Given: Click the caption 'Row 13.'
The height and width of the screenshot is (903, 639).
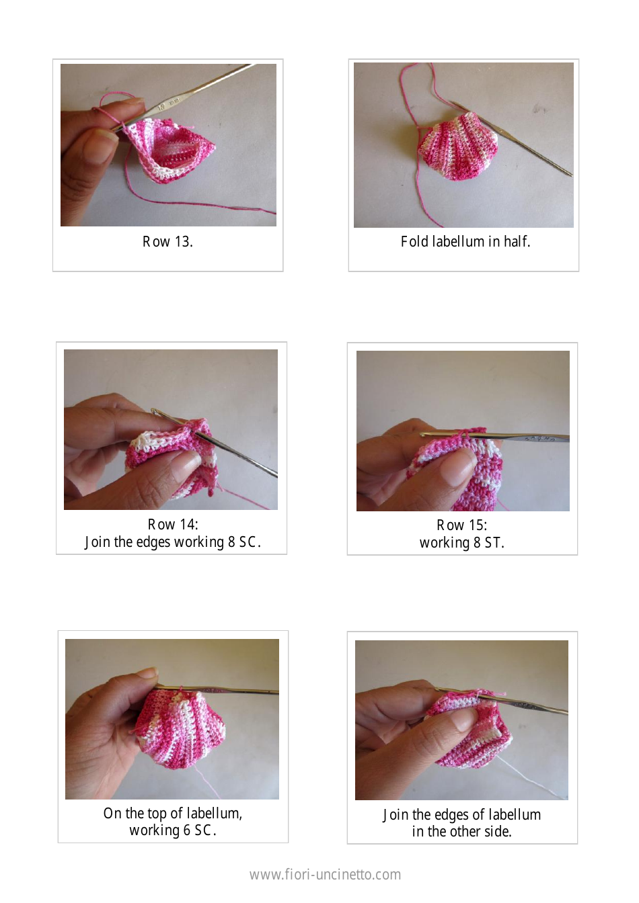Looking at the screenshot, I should pos(167,242).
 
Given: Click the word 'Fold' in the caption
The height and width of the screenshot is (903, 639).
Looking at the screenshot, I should pos(414,242).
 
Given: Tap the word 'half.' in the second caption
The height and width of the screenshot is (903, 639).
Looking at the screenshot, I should pos(517,242).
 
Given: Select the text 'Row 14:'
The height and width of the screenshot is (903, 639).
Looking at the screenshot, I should pos(173,525).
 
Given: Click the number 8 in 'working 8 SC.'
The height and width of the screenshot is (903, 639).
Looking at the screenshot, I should pos(231,542).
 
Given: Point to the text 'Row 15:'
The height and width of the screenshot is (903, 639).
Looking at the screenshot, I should pos(461,525).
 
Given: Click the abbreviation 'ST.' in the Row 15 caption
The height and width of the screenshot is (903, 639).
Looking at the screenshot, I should pos(494,543).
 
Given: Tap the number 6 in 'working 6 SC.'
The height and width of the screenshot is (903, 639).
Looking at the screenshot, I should pos(187,830).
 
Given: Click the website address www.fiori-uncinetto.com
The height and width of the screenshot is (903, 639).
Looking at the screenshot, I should pos(325,875).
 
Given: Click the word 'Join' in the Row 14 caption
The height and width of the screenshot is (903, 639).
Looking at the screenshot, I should pos(97,542).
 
